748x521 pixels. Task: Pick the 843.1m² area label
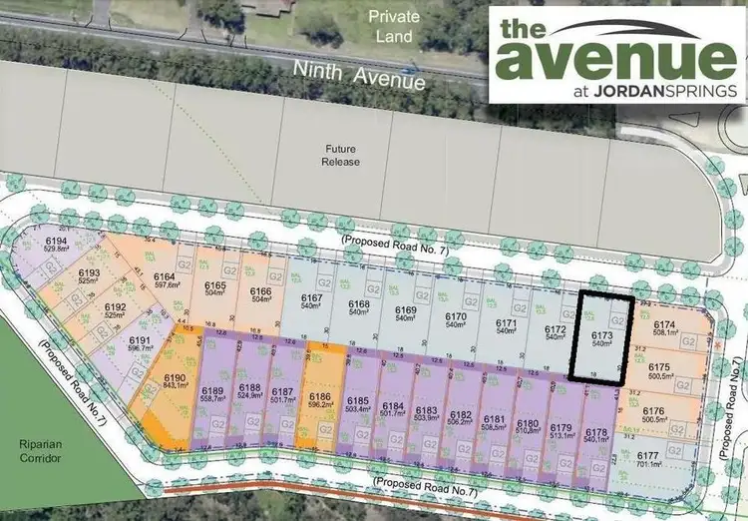(175, 387)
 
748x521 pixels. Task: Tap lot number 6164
(165, 276)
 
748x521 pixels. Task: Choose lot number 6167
(311, 298)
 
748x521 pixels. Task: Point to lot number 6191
(140, 340)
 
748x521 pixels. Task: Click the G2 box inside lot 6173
(618, 319)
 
